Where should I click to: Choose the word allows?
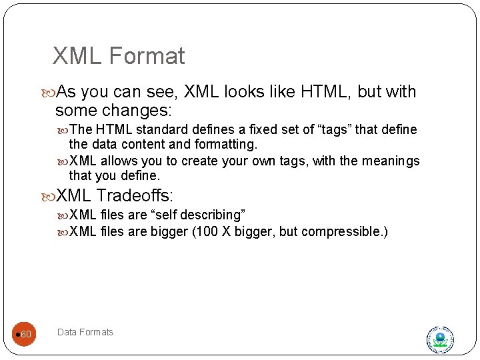click(x=119, y=161)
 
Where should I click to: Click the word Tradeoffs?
click(x=135, y=195)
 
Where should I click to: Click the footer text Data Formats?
click(x=85, y=332)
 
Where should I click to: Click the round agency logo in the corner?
click(x=440, y=339)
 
